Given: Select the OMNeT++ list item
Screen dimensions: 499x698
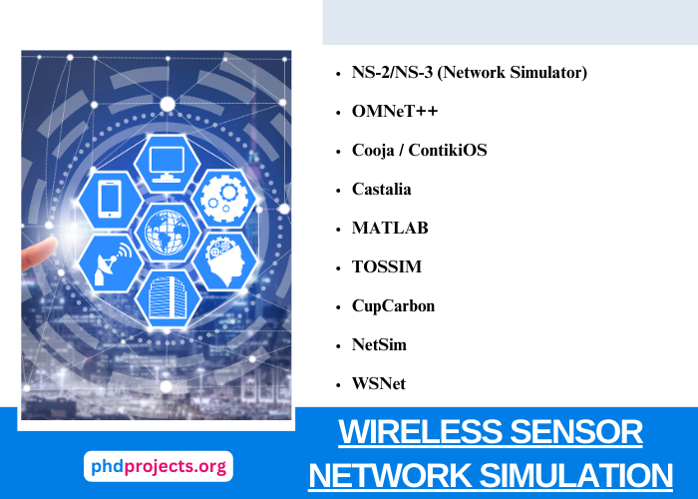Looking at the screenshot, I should [395, 112].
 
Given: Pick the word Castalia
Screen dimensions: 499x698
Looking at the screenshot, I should [381, 189].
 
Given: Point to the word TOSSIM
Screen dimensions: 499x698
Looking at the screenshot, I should [386, 266].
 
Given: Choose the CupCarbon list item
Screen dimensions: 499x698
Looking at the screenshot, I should [393, 305].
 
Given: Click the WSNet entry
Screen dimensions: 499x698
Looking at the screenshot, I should [378, 383].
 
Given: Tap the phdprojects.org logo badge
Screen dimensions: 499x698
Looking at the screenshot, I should [158, 466].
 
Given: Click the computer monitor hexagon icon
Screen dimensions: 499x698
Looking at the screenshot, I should [167, 160].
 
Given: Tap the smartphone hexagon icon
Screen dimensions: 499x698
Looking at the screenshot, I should [111, 197].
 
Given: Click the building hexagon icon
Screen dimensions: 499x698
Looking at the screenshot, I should [167, 296].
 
